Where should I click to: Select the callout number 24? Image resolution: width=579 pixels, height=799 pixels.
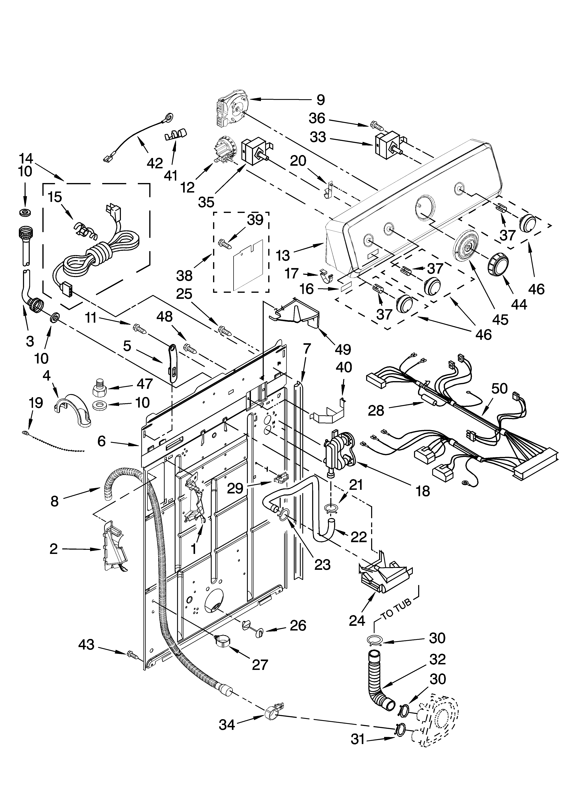pos(357,620)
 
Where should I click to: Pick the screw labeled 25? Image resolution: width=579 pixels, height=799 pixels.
pos(225,330)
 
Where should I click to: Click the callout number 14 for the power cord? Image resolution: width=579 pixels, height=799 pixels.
pos(25,157)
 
